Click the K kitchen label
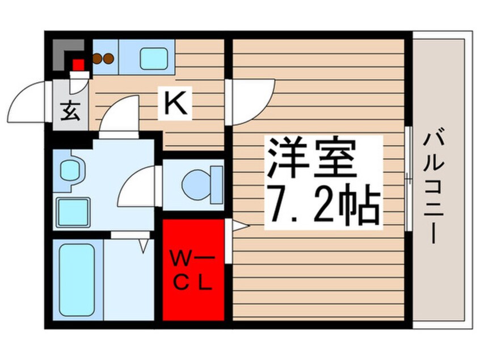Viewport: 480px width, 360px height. (x=176, y=104)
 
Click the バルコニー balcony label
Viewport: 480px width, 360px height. (x=436, y=185)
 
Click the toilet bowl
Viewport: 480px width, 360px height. (x=200, y=183)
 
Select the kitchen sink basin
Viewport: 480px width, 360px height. (x=154, y=58)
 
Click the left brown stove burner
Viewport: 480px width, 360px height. (x=98, y=57)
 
